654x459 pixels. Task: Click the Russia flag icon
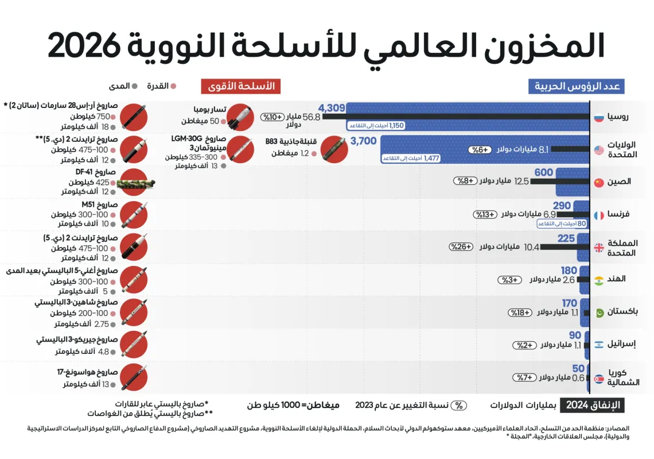click(599, 117)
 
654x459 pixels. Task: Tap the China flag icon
click(599, 183)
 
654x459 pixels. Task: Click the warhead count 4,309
click(332, 108)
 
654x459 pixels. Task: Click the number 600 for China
click(543, 173)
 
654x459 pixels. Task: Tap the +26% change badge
click(461, 247)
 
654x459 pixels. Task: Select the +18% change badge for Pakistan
click(520, 313)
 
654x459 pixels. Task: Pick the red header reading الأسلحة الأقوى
click(238, 87)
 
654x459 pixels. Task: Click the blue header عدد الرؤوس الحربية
click(576, 87)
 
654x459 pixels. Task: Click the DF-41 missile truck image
click(135, 184)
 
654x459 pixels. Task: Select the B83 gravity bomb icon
click(332, 149)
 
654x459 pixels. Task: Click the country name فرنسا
click(619, 214)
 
